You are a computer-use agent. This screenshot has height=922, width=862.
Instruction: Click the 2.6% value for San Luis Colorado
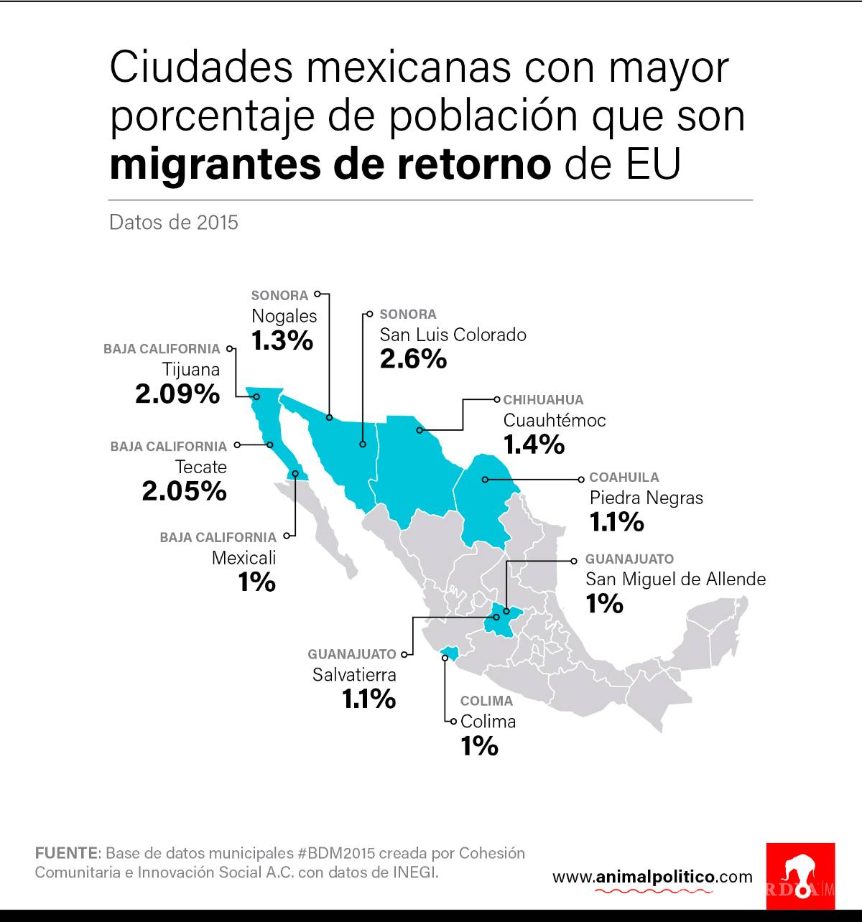pyautogui.click(x=413, y=359)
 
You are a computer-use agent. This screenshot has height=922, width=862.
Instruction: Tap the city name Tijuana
pyautogui.click(x=190, y=369)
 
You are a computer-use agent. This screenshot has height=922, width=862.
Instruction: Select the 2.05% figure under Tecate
pyautogui.click(x=184, y=491)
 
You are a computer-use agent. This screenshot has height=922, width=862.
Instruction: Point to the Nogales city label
pyautogui.click(x=284, y=316)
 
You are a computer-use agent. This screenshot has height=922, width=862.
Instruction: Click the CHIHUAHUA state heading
pyautogui.click(x=543, y=399)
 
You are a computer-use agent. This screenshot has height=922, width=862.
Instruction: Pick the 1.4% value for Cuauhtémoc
pyautogui.click(x=534, y=444)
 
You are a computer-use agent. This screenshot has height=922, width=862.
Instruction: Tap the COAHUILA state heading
pyautogui.click(x=624, y=477)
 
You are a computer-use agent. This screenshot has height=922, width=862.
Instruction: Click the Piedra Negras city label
pyautogui.click(x=646, y=498)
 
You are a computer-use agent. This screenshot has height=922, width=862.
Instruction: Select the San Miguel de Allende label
pyautogui.click(x=675, y=579)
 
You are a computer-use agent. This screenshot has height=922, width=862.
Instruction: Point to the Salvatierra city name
pyautogui.click(x=353, y=675)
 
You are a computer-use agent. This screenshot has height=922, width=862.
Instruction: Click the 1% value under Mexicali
pyautogui.click(x=257, y=582)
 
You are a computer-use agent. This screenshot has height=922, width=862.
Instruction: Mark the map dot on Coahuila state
pyautogui.click(x=485, y=479)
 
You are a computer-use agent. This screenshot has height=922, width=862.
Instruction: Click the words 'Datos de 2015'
pyautogui.click(x=173, y=222)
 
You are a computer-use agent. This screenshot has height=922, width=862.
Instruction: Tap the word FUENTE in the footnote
pyautogui.click(x=66, y=853)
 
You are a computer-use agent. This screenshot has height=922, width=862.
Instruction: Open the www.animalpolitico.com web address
pyautogui.click(x=652, y=877)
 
